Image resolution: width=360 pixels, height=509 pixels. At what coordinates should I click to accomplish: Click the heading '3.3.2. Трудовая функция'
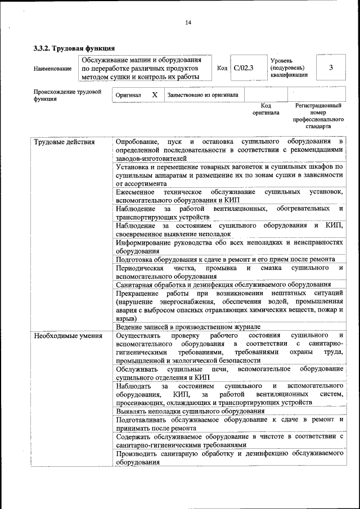tap(74, 48)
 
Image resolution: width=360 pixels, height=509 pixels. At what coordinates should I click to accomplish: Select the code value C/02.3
tap(244, 68)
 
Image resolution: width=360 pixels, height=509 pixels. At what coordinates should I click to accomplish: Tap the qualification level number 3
tap(331, 68)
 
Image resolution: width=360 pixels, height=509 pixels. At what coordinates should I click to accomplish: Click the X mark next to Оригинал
tap(155, 95)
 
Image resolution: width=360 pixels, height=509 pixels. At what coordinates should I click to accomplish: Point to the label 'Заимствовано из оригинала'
tap(202, 95)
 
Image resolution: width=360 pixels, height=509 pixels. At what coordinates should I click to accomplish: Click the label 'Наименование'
tap(52, 69)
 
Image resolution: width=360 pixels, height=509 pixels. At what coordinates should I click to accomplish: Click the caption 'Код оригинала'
tap(266, 109)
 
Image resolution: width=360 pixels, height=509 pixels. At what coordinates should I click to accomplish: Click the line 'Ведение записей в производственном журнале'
tap(188, 327)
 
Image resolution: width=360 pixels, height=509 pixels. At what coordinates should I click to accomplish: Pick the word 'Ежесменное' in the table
tap(135, 192)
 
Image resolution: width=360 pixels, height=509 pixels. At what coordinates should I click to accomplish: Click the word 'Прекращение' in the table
tap(137, 294)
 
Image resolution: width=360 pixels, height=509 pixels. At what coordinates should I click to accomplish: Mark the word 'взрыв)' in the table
tap(125, 318)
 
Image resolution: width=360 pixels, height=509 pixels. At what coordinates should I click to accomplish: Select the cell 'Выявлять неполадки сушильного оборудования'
tap(190, 411)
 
